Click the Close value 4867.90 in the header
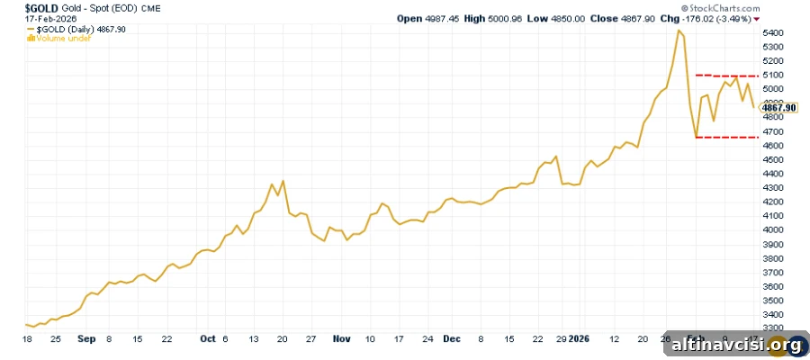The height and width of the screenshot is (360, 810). [x=641, y=19]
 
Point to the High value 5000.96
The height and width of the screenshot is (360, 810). [x=508, y=19]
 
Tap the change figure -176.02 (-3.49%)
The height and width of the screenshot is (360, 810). [x=717, y=19]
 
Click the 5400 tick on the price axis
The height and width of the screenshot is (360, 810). [x=773, y=33]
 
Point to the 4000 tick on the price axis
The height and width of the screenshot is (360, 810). [x=773, y=229]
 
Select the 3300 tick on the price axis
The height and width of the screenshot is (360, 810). [x=773, y=328]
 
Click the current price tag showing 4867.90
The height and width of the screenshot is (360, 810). [x=779, y=107]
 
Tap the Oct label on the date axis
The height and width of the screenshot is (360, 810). [x=208, y=338]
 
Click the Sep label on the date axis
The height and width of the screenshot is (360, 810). [x=86, y=338]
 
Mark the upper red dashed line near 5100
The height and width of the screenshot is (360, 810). [x=727, y=76]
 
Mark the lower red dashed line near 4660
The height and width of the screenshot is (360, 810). [x=727, y=138]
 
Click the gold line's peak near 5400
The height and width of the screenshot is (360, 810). [x=679, y=30]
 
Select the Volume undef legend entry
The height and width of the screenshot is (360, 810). [x=58, y=38]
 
